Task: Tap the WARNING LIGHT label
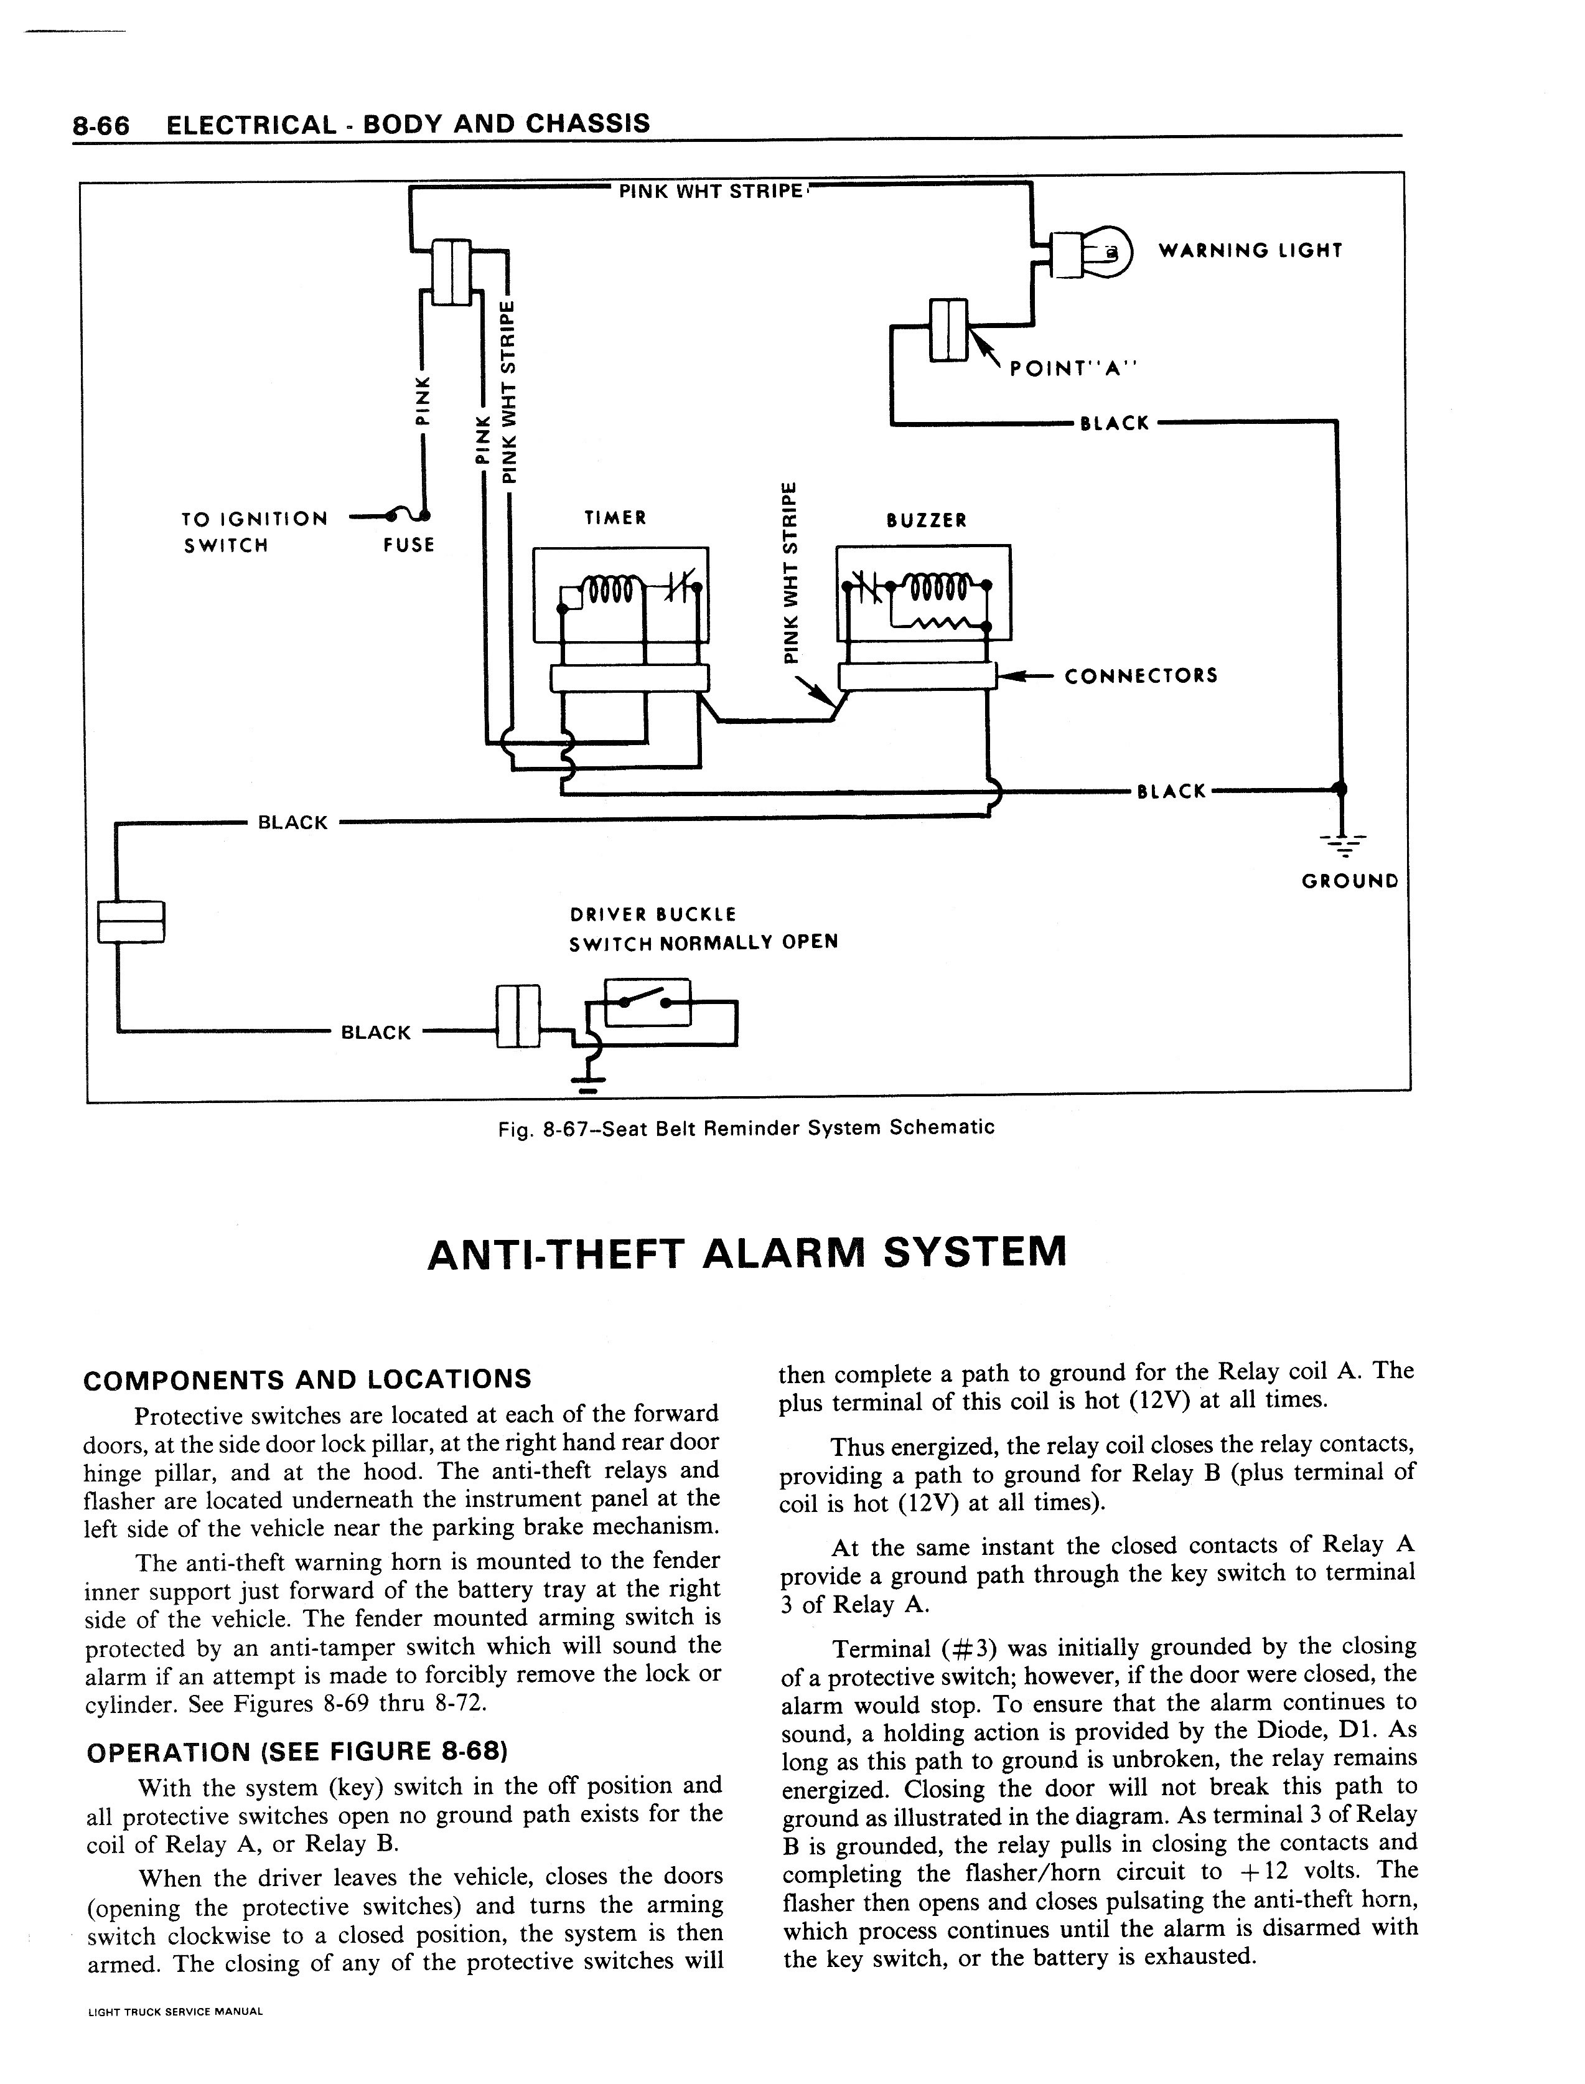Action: point(1249,251)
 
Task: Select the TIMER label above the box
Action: point(615,518)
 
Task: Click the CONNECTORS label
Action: point(1141,676)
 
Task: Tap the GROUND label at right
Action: point(1349,881)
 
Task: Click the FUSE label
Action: point(408,545)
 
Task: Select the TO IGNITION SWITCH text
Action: point(254,532)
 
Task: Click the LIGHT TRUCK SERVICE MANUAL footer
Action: point(174,2011)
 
